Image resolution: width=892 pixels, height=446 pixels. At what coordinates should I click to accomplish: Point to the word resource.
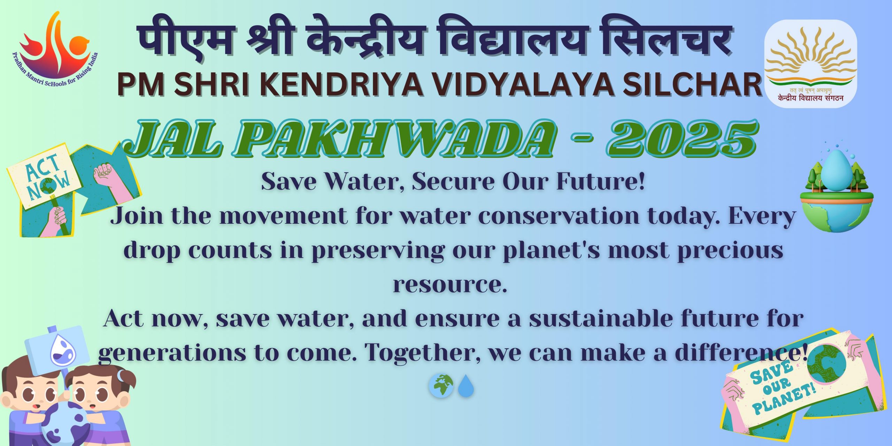click(x=450, y=284)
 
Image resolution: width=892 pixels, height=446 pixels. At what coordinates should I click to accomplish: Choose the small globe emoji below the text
click(x=441, y=386)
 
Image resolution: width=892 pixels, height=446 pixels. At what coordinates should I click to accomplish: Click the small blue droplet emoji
click(x=466, y=386)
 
